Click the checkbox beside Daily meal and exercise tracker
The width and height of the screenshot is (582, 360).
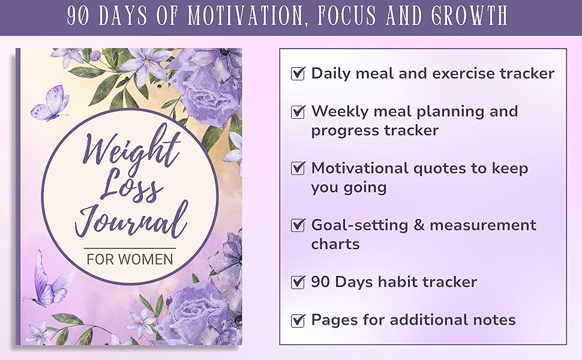(298, 74)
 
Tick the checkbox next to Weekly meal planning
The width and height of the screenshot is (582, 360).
(298, 112)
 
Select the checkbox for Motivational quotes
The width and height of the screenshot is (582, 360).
(298, 169)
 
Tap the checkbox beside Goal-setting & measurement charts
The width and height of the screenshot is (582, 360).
(298, 226)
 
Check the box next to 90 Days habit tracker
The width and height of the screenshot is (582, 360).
(298, 282)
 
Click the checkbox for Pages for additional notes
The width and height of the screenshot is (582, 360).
(298, 320)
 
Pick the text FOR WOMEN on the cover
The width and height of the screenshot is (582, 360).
(130, 260)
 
